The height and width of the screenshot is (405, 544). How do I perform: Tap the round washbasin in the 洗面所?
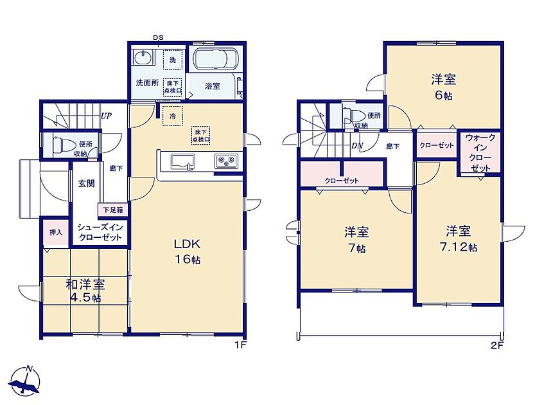click(142, 57)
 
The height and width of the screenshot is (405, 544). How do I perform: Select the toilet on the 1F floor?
click(62, 144)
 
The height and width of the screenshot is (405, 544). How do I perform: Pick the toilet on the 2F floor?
click(351, 115)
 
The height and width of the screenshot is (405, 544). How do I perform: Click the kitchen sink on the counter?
click(182, 162)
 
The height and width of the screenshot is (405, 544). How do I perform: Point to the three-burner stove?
click(226, 161)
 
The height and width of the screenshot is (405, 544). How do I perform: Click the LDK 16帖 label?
click(188, 251)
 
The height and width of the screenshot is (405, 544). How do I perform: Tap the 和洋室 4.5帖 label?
click(85, 291)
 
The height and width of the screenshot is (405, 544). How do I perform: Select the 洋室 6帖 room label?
click(443, 87)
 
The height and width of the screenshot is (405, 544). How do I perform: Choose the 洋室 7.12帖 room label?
click(459, 239)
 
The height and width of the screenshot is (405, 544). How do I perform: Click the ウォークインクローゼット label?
click(480, 153)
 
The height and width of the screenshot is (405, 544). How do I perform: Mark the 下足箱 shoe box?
click(113, 210)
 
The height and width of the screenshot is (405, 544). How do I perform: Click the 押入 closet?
click(55, 232)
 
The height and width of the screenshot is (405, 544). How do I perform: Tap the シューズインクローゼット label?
click(100, 232)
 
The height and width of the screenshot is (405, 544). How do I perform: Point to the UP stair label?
click(106, 116)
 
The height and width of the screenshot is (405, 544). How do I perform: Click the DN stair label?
click(356, 146)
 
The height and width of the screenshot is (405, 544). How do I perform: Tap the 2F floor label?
click(497, 346)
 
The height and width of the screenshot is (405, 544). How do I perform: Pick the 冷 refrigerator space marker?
click(172, 116)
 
